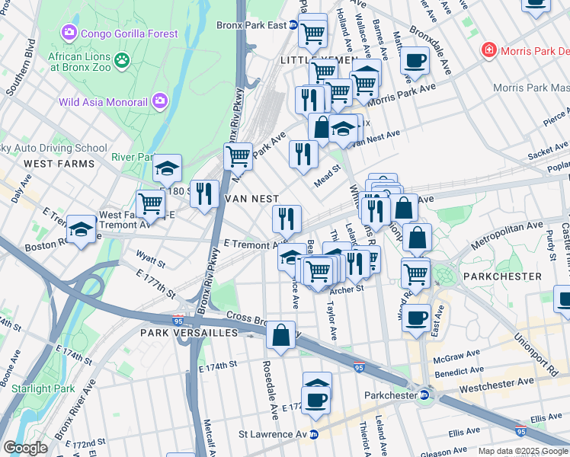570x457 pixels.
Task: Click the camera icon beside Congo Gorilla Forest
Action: click(x=69, y=34)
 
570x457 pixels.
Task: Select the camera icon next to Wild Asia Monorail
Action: click(x=159, y=101)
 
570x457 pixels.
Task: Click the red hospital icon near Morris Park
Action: click(x=488, y=51)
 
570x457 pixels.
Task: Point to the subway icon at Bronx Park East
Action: click(x=293, y=25)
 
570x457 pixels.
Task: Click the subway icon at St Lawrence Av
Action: click(x=312, y=435)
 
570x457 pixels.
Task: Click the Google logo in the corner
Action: click(x=25, y=448)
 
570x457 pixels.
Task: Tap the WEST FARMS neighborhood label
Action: click(x=59, y=164)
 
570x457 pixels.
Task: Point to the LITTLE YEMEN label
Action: click(x=309, y=59)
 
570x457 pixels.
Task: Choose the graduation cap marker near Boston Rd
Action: click(x=80, y=228)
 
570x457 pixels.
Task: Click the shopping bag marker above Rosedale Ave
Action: click(x=281, y=334)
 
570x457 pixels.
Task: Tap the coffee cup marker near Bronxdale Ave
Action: click(x=415, y=59)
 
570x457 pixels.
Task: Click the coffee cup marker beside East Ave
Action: click(x=416, y=318)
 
